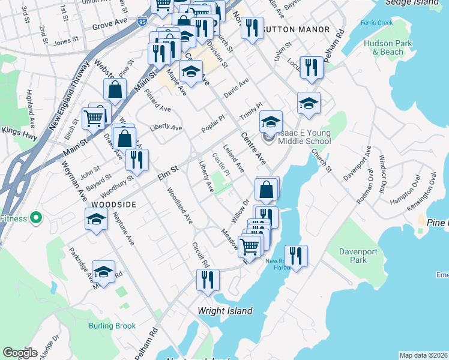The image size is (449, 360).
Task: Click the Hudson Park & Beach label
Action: pyautogui.click(x=388, y=47)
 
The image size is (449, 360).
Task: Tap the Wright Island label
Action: pyautogui.click(x=226, y=311)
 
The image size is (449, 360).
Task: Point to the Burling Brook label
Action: pyautogui.click(x=112, y=326)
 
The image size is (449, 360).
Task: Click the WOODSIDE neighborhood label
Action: pyautogui.click(x=115, y=205)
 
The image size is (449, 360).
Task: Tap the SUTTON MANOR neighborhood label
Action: pyautogui.click(x=297, y=29)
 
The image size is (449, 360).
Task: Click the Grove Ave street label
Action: pyautogui.click(x=110, y=26)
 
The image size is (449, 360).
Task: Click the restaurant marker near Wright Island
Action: pyautogui.click(x=208, y=280)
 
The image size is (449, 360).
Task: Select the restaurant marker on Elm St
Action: pyautogui.click(x=137, y=160)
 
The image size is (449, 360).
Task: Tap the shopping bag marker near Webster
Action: pyautogui.click(x=115, y=90)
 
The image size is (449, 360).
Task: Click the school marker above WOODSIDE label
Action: pyautogui.click(x=97, y=220)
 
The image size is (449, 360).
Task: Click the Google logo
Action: pyautogui.click(x=20, y=353)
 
